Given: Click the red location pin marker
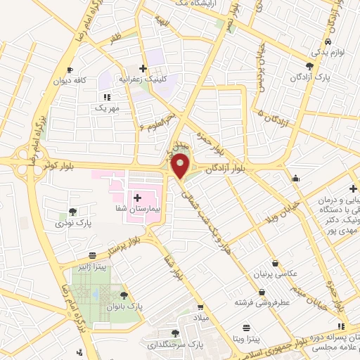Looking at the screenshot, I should [x=181, y=167].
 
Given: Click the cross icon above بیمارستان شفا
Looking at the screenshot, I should [x=138, y=199].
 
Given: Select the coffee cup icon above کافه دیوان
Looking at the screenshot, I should [x=70, y=70].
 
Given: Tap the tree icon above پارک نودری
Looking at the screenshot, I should [x=73, y=212].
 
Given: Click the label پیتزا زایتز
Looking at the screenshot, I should [x=91, y=267].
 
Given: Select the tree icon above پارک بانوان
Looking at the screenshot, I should [x=124, y=296].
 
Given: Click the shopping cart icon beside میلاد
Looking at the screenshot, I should [x=200, y=307].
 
